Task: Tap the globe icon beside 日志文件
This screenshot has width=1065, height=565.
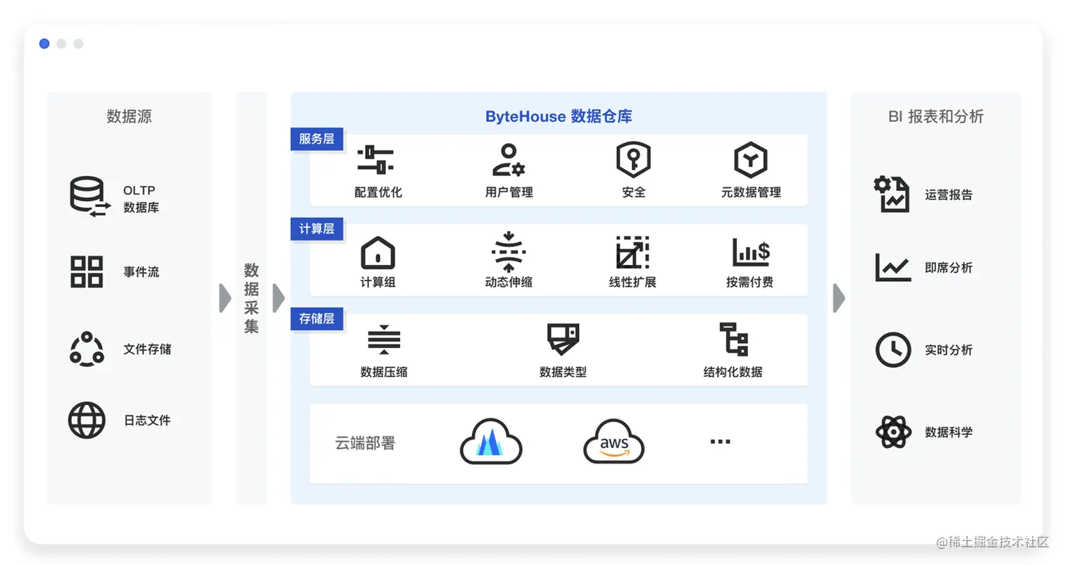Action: [x=87, y=421]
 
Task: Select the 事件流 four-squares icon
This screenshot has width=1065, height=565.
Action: [x=87, y=272]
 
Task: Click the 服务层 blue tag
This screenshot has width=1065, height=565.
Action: [x=316, y=139]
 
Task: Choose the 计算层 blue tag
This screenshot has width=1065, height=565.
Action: [x=316, y=229]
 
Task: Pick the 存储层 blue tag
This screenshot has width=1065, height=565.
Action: [x=316, y=318]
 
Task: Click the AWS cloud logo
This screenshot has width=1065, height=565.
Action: [x=614, y=442]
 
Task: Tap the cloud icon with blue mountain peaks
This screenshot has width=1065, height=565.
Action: [x=491, y=442]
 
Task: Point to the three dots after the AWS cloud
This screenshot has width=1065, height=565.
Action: [x=720, y=442]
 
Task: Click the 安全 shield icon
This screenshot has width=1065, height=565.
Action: [x=633, y=160]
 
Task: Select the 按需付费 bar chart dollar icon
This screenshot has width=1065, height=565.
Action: [x=750, y=252]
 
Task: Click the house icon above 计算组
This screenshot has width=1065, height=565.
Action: [x=378, y=252]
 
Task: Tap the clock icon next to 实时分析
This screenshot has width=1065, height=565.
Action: [x=892, y=349]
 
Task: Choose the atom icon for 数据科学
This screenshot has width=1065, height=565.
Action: [x=893, y=432]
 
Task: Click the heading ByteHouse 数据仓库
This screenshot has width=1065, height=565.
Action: [x=559, y=116]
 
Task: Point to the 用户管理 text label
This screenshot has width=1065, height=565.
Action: [x=509, y=192]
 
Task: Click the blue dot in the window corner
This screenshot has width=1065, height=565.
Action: [x=44, y=44]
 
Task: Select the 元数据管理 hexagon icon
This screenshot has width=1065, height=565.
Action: [x=751, y=160]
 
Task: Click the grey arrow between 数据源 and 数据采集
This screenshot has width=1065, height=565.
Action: [x=225, y=298]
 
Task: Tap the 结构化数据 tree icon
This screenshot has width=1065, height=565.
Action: [x=733, y=340]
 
